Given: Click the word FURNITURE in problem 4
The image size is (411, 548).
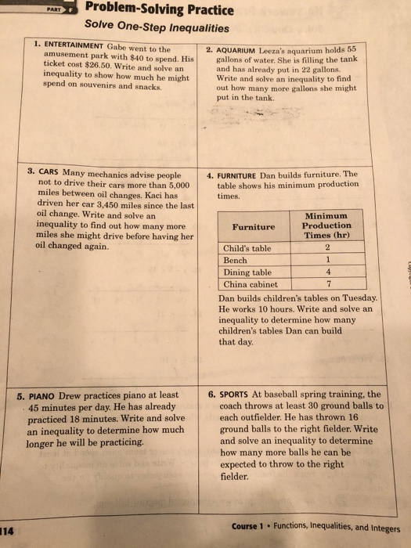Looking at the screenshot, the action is (251, 174).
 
